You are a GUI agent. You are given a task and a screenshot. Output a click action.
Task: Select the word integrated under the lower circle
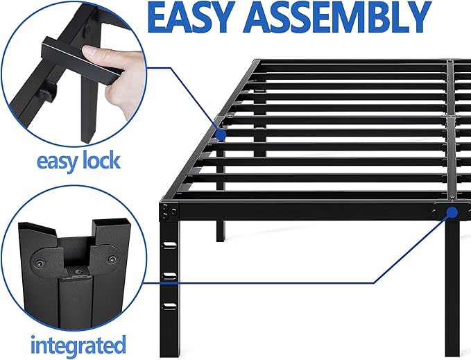pyautogui.click(x=78, y=345)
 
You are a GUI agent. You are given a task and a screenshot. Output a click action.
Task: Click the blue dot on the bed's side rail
pyautogui.click(x=221, y=134)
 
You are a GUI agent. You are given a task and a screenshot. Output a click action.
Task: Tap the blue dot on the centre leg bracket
pyautogui.click(x=452, y=212)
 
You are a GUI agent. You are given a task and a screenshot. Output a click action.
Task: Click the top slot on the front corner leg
pyautogui.click(x=169, y=245)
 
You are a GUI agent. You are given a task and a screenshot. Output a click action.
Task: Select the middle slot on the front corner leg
pyautogui.click(x=169, y=275)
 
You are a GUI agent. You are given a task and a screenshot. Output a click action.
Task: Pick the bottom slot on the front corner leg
pyautogui.click(x=169, y=306)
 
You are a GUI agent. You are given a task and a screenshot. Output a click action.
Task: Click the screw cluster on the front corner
pyautogui.click(x=169, y=211)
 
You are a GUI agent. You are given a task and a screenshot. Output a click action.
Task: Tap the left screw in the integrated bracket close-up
pyautogui.click(x=39, y=264)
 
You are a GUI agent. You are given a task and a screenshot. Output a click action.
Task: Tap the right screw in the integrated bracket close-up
pyautogui.click(x=112, y=259)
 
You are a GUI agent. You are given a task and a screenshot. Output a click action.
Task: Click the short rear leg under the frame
pyautogui.click(x=221, y=231)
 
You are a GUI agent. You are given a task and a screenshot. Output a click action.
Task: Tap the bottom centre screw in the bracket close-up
pyautogui.click(x=74, y=273)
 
